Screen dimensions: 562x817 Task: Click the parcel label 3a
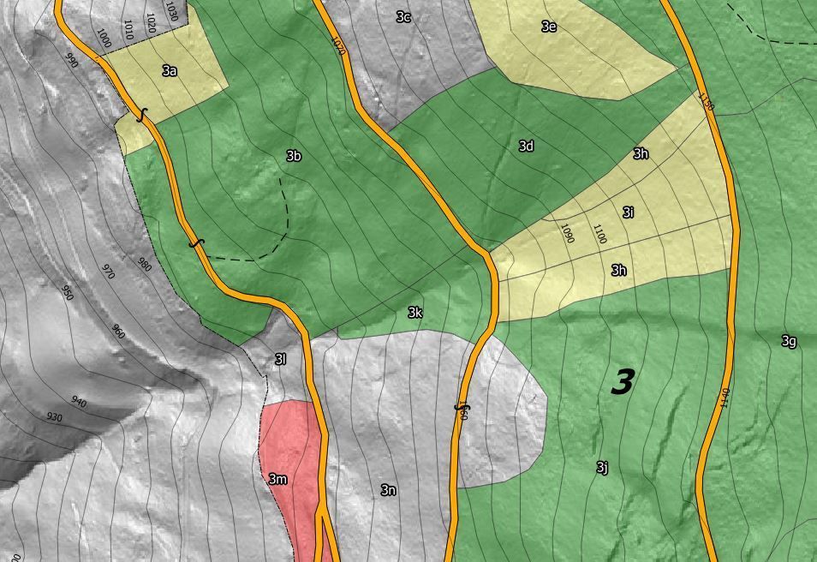[170, 71]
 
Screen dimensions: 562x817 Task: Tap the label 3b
[294, 156]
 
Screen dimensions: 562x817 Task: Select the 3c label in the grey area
[403, 16]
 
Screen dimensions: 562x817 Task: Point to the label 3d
[526, 146]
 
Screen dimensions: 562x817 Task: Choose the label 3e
[549, 27]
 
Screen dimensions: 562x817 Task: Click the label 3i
[628, 212]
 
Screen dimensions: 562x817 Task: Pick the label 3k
[414, 313]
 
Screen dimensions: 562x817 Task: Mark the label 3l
[279, 359]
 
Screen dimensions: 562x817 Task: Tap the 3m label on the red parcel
[277, 479]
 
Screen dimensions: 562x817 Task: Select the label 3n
[388, 490]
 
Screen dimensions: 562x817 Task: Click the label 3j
[602, 467]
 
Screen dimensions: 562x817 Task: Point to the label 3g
[789, 341]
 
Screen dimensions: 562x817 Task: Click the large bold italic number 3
[623, 382]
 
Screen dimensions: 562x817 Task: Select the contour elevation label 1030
[171, 12]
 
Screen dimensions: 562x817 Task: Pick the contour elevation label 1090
[567, 234]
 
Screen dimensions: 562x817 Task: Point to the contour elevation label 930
[55, 417]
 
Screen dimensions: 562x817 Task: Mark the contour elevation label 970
[108, 272]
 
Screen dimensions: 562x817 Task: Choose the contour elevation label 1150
[706, 102]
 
